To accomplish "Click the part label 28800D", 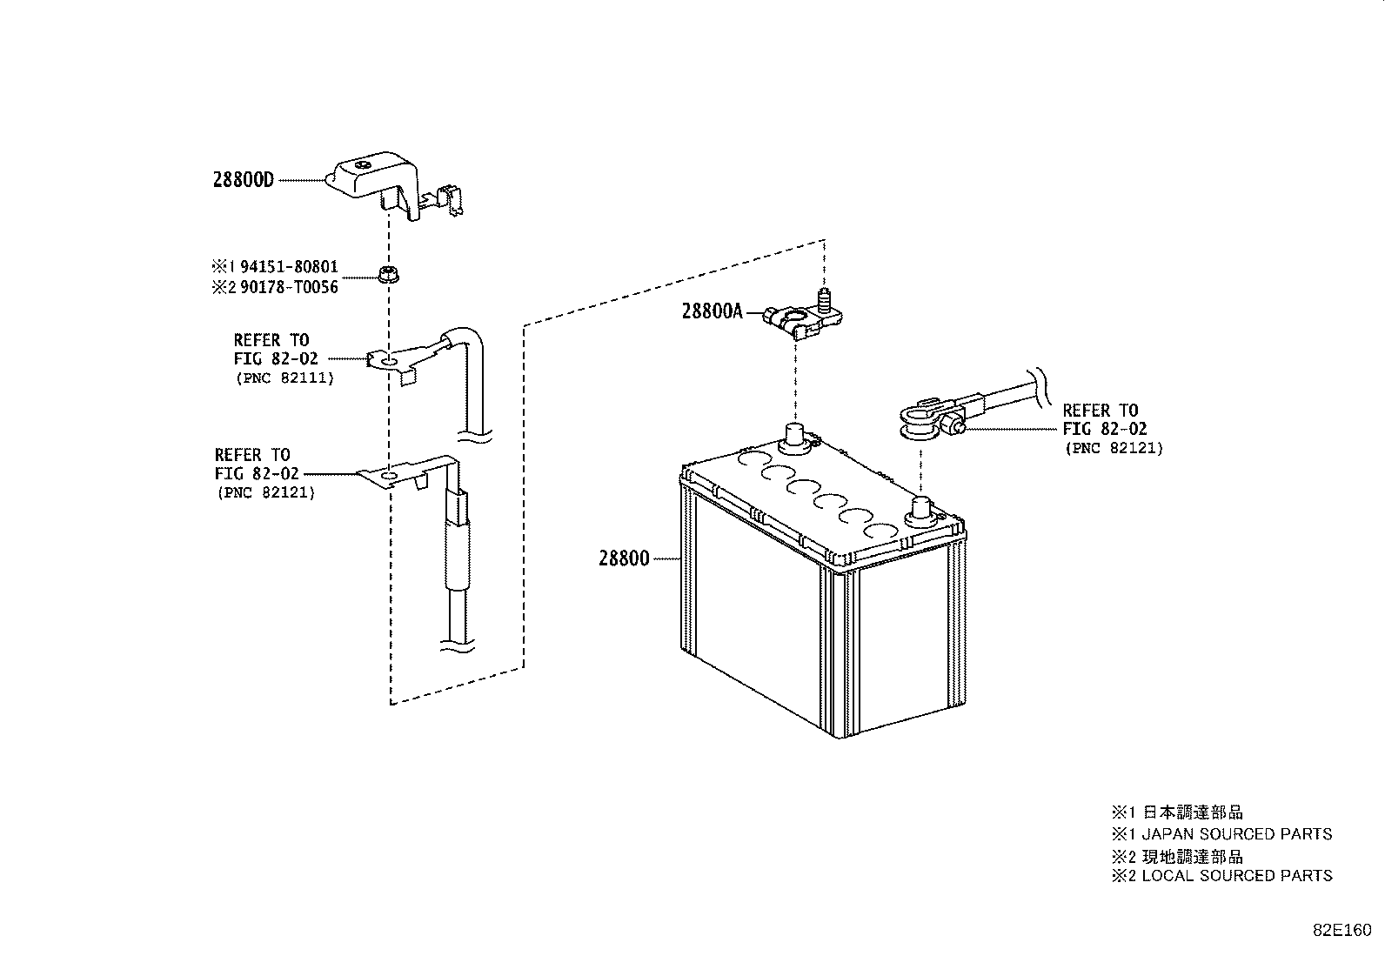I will [x=243, y=180].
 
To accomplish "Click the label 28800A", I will [x=712, y=311].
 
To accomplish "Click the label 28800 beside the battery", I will [x=624, y=558].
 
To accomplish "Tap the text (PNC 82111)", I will [x=284, y=378].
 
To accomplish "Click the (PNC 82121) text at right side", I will [x=1114, y=448].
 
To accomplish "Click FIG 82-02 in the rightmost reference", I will [x=1104, y=429].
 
